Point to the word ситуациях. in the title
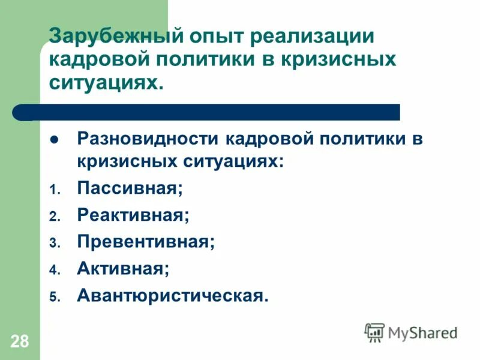coord(106,82)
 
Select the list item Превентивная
coord(146,241)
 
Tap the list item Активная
coord(123,268)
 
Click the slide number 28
coord(19,342)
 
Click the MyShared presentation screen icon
coord(374,332)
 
